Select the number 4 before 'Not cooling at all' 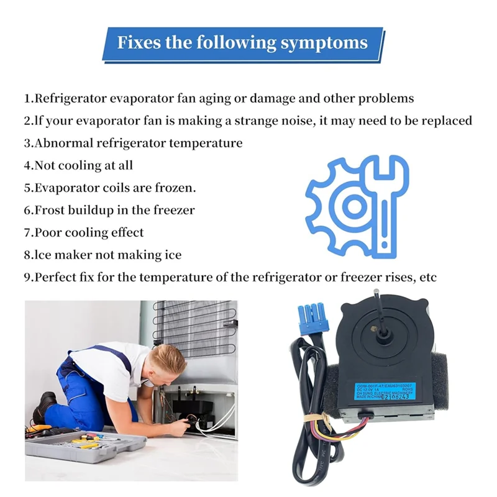[28, 166]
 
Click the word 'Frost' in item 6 [53, 211]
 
